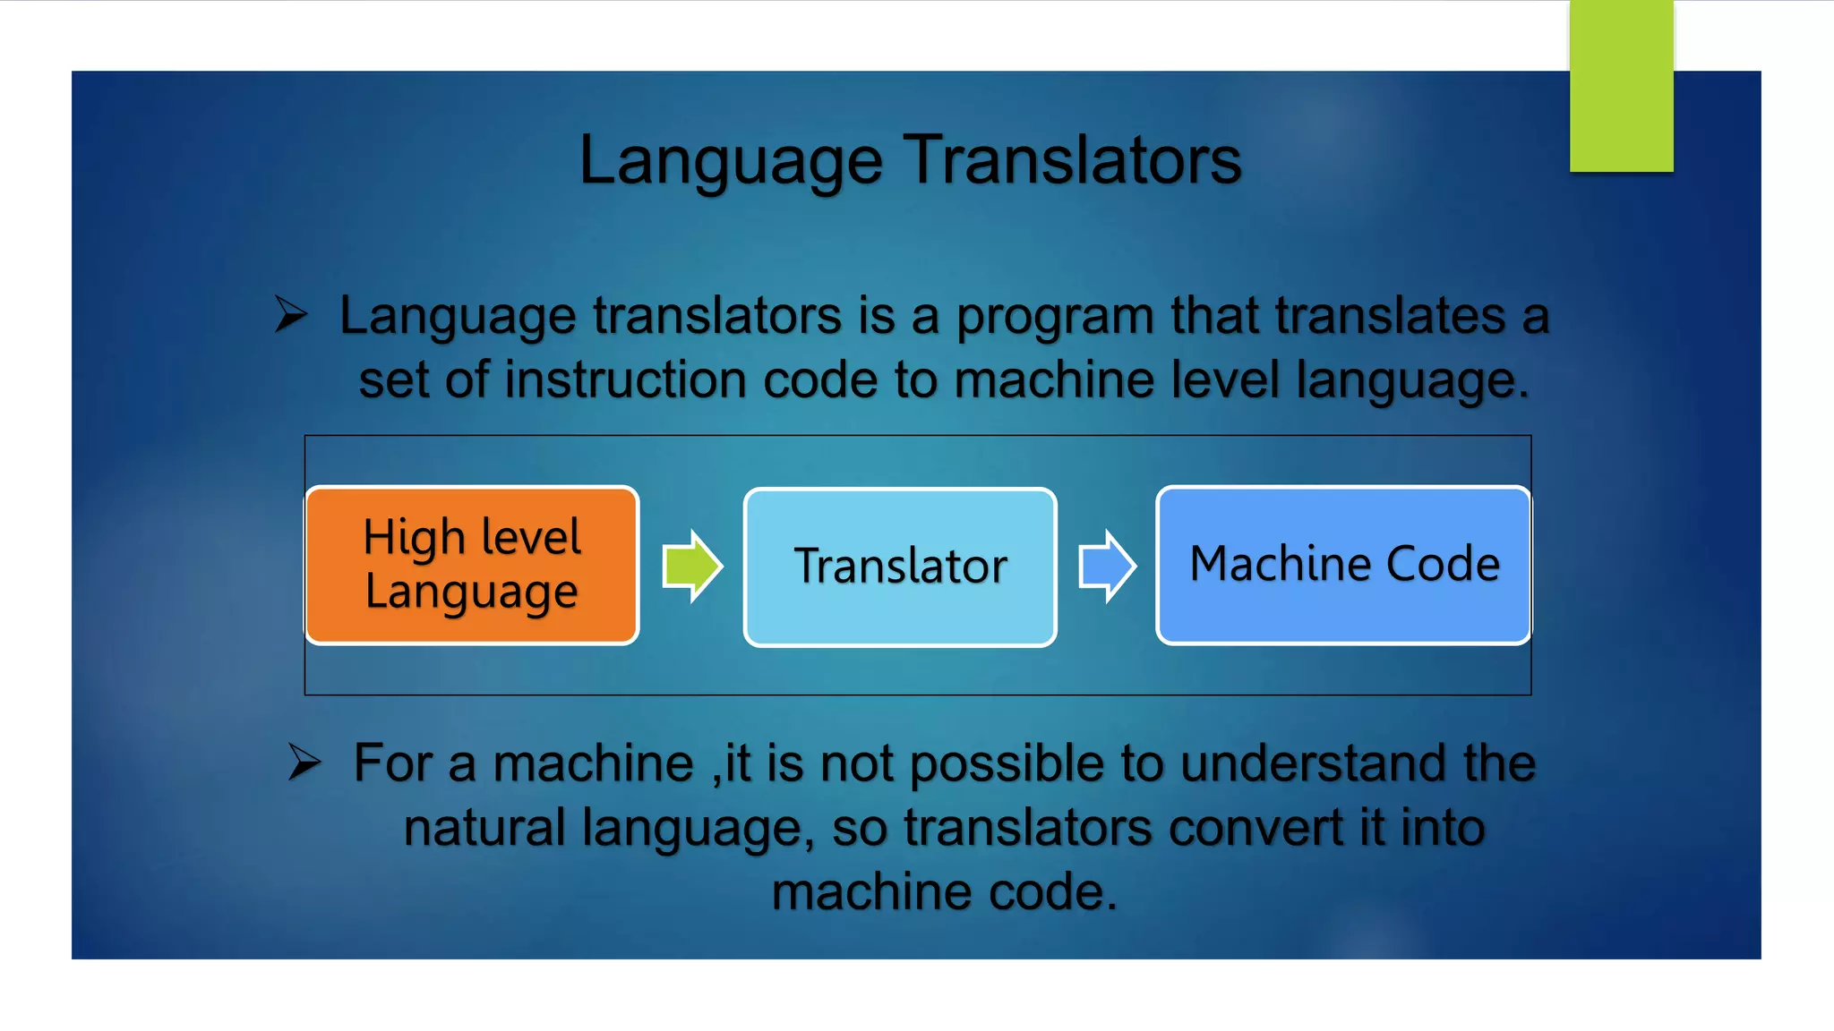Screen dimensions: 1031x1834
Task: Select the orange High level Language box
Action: (472, 566)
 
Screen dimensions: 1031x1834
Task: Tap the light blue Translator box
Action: (900, 567)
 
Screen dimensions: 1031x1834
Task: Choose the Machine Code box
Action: (1343, 565)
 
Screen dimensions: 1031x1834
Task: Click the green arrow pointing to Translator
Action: (691, 567)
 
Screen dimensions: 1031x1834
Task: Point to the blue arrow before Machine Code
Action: (1107, 567)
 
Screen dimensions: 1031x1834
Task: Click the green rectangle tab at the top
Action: (1621, 85)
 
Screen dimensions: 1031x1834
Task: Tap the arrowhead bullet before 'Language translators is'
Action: (291, 314)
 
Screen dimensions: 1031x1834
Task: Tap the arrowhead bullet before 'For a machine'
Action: (304, 762)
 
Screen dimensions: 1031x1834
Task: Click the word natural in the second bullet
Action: (483, 828)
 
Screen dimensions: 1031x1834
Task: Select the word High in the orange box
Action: (414, 538)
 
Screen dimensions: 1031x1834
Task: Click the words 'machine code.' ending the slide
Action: (944, 892)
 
